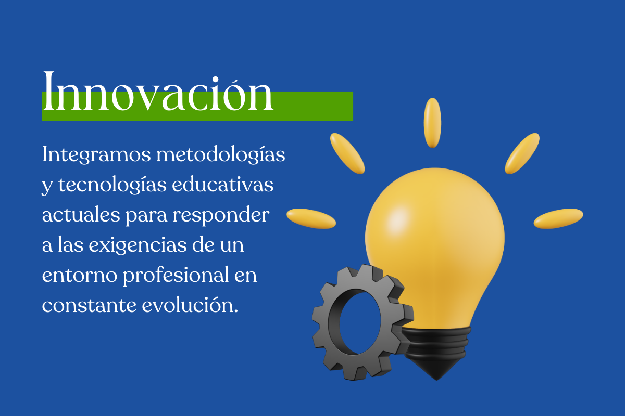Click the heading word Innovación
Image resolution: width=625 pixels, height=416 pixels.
coord(158,92)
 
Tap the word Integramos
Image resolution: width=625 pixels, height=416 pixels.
coord(96,155)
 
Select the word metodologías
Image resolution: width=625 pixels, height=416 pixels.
coord(221,155)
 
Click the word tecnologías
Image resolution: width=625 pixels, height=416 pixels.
coord(113,185)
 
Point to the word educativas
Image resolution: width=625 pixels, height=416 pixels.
coord(223,185)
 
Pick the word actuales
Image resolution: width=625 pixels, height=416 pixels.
coord(81,215)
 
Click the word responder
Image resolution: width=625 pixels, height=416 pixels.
coord(221,216)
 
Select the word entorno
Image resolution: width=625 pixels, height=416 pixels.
coord(80,275)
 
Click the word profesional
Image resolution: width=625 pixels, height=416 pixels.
coord(176,276)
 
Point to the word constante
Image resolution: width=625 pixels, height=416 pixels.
coord(89,305)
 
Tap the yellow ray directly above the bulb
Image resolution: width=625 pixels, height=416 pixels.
coord(432,123)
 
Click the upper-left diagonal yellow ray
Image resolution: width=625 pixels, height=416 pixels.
coord(347,153)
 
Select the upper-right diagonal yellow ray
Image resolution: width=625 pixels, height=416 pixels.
coord(522,153)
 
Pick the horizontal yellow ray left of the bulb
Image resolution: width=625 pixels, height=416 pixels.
coord(311,219)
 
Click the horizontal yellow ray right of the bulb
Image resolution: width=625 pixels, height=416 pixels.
coord(558,219)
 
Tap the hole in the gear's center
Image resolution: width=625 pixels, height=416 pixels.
coord(360,323)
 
